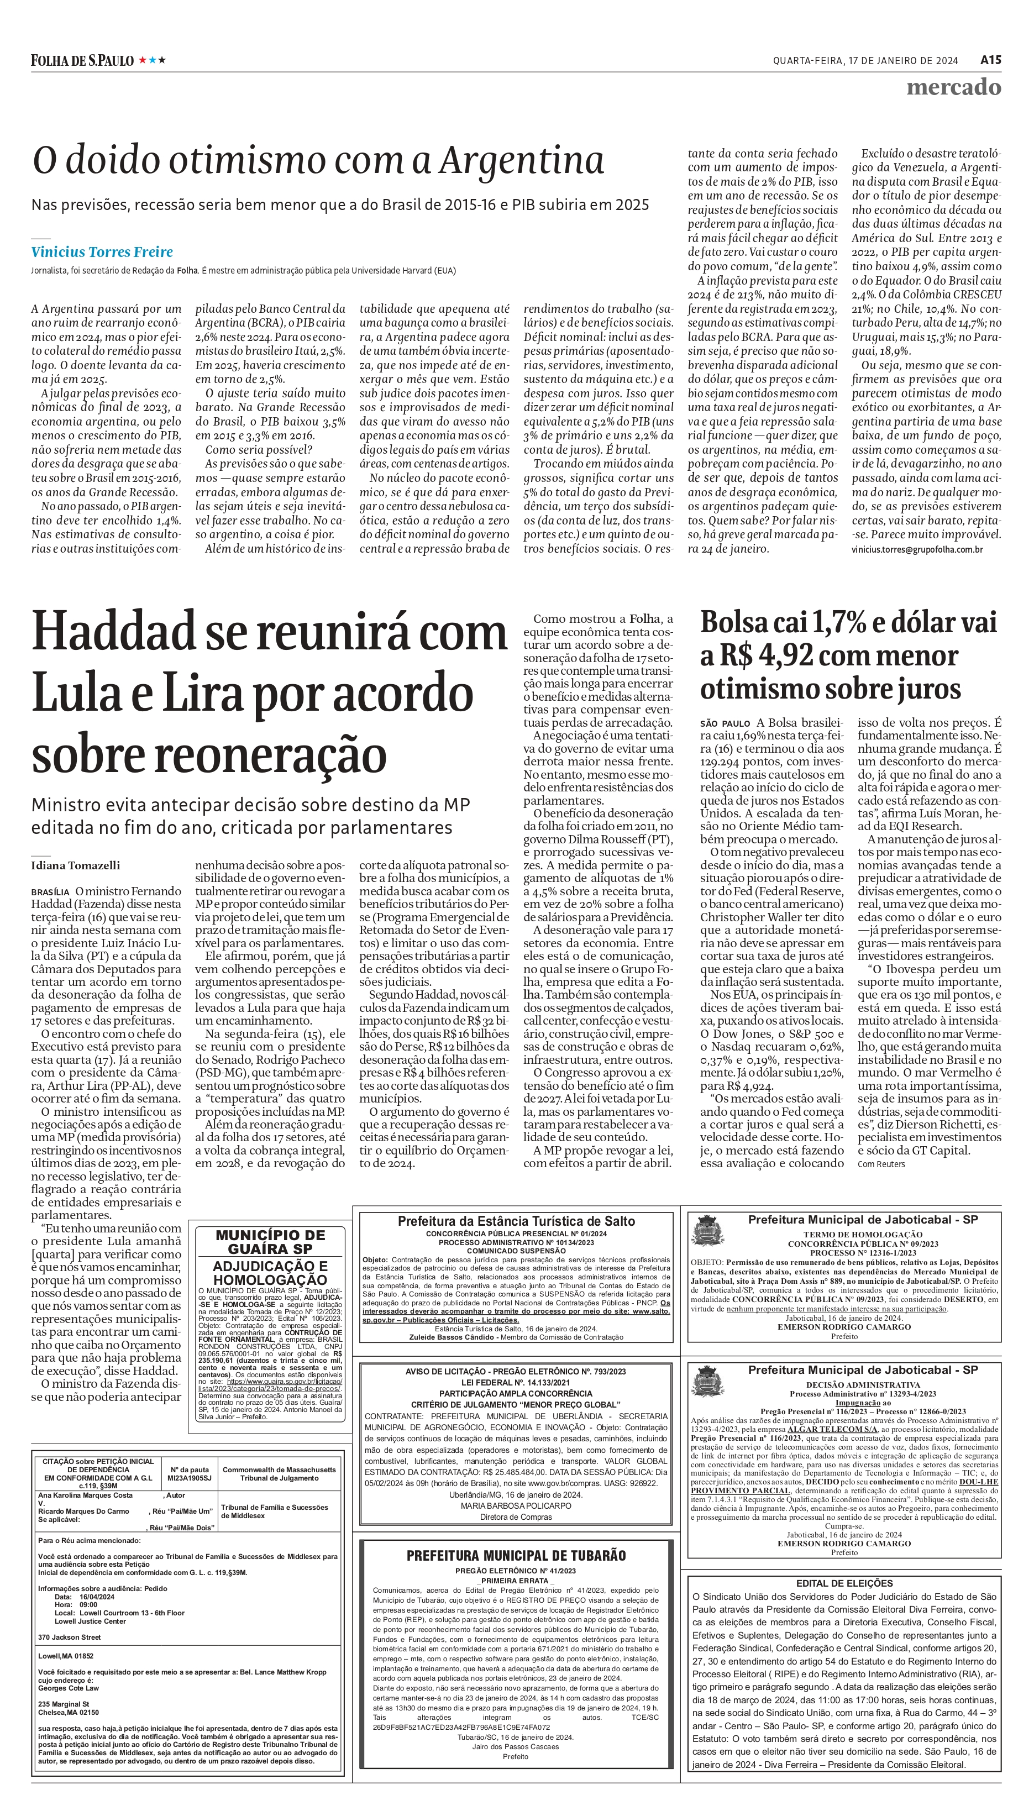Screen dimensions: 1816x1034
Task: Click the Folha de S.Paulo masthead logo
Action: (x=82, y=60)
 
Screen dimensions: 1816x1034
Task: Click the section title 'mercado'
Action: (x=953, y=87)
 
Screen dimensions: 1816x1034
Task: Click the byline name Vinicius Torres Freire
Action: (x=102, y=252)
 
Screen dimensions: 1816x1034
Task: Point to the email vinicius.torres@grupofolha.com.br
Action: (x=917, y=549)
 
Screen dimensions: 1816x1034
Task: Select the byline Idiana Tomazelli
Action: (x=75, y=865)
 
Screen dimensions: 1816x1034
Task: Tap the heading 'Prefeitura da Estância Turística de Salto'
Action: (x=516, y=1221)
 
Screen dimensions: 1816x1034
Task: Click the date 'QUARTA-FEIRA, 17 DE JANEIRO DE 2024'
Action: (x=865, y=61)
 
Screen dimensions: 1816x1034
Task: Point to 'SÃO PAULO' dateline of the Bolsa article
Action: (x=725, y=724)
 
